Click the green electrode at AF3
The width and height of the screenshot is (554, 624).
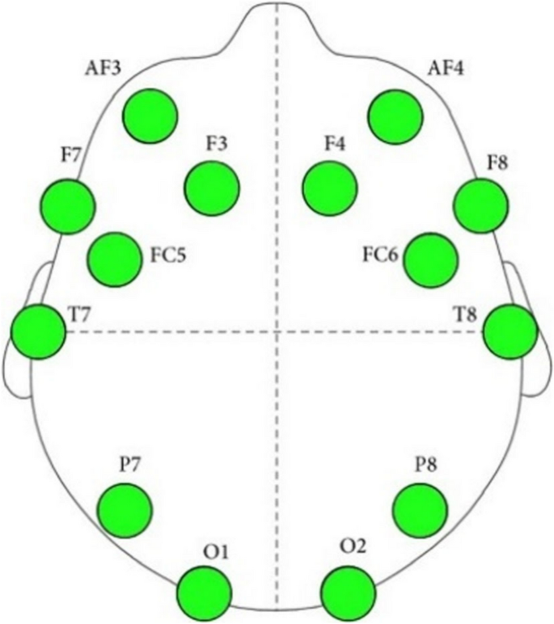(150, 116)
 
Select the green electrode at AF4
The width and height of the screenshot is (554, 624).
(395, 117)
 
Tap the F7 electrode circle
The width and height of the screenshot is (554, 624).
(67, 207)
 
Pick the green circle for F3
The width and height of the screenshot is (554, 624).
(212, 188)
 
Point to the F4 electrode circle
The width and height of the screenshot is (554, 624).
(330, 188)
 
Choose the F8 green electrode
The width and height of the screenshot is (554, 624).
(480, 205)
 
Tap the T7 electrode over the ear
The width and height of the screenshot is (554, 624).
(39, 331)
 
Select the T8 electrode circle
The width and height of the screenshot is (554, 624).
(511, 331)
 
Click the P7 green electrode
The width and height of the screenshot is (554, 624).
(125, 509)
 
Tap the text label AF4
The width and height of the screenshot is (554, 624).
(446, 70)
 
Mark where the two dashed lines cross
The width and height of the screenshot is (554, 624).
(277, 331)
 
